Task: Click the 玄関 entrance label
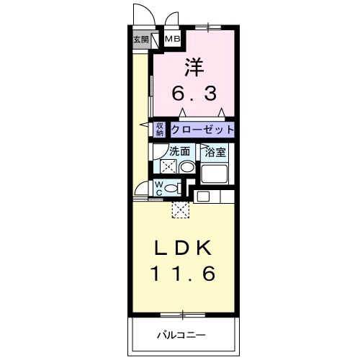[x=140, y=40]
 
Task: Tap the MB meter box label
[x=174, y=39]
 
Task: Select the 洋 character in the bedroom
[x=194, y=68]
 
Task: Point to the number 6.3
[x=194, y=94]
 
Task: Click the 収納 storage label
[x=160, y=130]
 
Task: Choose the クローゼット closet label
[x=202, y=130]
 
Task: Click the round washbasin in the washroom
[x=186, y=167]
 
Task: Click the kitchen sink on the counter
[x=202, y=195]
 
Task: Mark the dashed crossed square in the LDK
[x=181, y=210]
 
